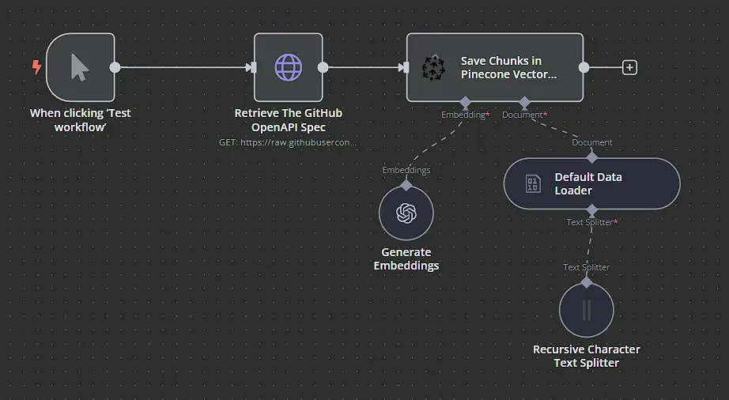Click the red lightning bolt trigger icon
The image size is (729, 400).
coord(36,67)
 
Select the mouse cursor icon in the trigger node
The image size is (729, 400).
coord(80,67)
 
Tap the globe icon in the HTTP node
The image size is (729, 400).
coord(288,67)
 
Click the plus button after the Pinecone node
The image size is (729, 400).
coord(629,67)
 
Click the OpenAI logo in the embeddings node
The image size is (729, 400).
coord(406,213)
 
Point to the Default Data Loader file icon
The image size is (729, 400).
coord(534,184)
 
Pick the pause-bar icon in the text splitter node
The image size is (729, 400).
coord(587,309)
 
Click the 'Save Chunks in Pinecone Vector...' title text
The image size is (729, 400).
coord(508,67)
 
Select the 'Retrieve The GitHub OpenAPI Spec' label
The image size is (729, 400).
coord(289,120)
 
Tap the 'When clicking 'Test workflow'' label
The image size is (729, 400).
coord(80,120)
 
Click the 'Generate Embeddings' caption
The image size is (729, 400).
coord(406,258)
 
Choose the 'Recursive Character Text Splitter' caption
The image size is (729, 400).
coord(587,356)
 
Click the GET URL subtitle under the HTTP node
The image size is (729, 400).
coord(289,142)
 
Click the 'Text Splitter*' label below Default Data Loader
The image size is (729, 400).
coord(591,222)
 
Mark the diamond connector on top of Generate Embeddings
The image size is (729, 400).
coord(406,185)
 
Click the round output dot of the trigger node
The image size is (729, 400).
coord(115,67)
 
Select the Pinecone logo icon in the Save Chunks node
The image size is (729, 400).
coord(433,68)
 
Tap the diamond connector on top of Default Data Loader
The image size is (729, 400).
coord(591,158)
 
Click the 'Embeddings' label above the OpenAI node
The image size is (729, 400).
coord(406,170)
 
